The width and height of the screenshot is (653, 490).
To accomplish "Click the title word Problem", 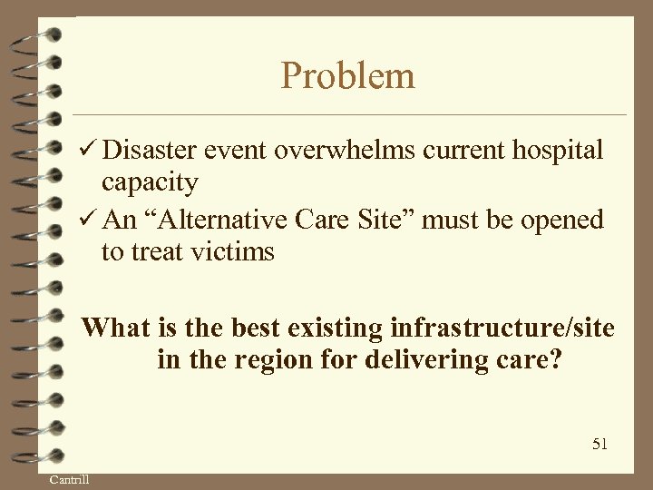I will [348, 75].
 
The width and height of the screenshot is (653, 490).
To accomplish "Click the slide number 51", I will [599, 444].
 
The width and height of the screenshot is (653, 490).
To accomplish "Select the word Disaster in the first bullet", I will [158, 151].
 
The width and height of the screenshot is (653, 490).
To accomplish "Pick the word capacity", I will [149, 182].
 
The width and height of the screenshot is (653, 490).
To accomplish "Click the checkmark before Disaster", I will [88, 151].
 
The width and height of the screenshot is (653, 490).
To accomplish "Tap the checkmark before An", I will [88, 220].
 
